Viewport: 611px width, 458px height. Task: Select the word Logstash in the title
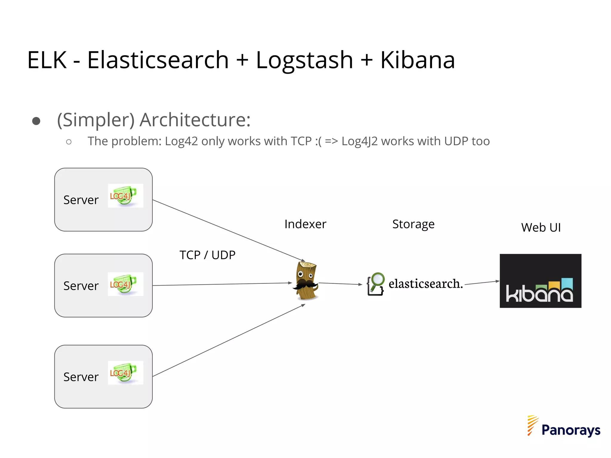(304, 60)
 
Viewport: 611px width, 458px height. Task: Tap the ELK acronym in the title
(47, 60)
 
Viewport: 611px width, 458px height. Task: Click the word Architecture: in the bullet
(195, 120)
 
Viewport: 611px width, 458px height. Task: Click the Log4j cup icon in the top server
(125, 196)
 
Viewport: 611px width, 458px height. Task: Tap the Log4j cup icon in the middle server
(125, 284)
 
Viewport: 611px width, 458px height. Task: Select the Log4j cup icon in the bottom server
(125, 372)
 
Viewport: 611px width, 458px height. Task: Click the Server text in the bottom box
(81, 377)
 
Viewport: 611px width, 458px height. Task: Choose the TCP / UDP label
(207, 255)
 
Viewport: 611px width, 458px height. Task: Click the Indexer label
(305, 224)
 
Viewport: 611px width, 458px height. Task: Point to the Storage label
(413, 224)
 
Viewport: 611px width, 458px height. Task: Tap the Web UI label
(541, 228)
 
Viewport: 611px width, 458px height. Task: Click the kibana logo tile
(540, 281)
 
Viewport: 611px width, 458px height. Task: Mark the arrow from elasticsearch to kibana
(482, 283)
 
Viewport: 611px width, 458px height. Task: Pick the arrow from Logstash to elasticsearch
(340, 284)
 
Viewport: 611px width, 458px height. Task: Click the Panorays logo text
(570, 430)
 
